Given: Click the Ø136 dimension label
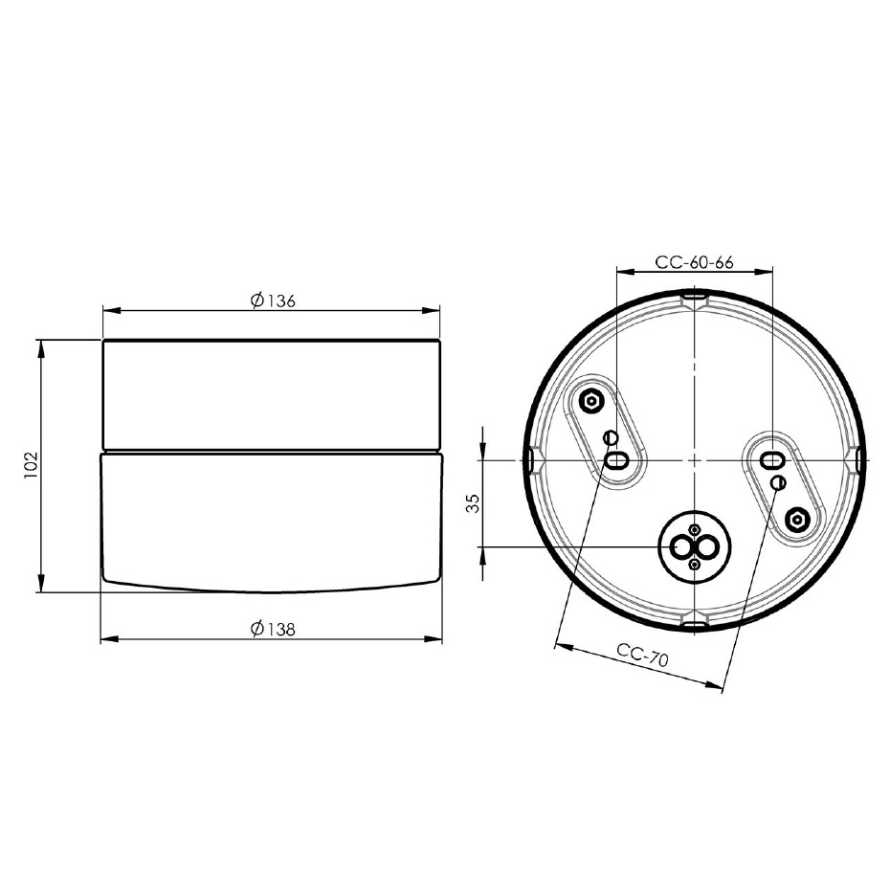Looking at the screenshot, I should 273,300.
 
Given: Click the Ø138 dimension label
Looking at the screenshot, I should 273,629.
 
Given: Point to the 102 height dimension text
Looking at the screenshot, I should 28,466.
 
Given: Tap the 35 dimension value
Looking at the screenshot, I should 473,503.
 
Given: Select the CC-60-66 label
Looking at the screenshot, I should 694,262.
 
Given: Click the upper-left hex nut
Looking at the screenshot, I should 591,400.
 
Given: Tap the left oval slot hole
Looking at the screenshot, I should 617,460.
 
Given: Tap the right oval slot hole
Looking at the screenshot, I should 769,461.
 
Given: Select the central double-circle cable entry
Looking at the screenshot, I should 695,547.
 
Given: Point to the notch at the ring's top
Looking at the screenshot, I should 695,300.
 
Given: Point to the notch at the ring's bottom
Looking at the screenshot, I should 695,626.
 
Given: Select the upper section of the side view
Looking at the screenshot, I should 272,394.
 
